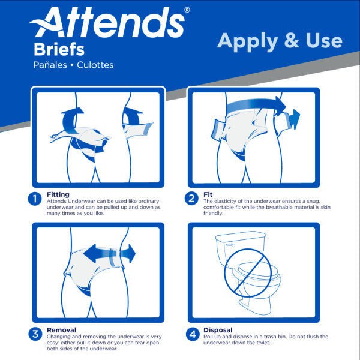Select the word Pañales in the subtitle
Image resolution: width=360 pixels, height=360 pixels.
point(52,65)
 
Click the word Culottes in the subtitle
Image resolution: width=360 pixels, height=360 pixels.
point(94,65)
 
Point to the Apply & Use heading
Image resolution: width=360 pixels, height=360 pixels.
point(280,41)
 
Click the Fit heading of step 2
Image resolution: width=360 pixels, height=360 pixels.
point(208,194)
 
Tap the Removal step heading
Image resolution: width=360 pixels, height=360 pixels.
point(61,330)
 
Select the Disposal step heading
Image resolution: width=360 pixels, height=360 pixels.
point(218,330)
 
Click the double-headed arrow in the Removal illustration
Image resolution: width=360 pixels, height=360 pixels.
point(108,253)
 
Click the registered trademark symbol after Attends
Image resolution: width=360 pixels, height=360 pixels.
point(187,10)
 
